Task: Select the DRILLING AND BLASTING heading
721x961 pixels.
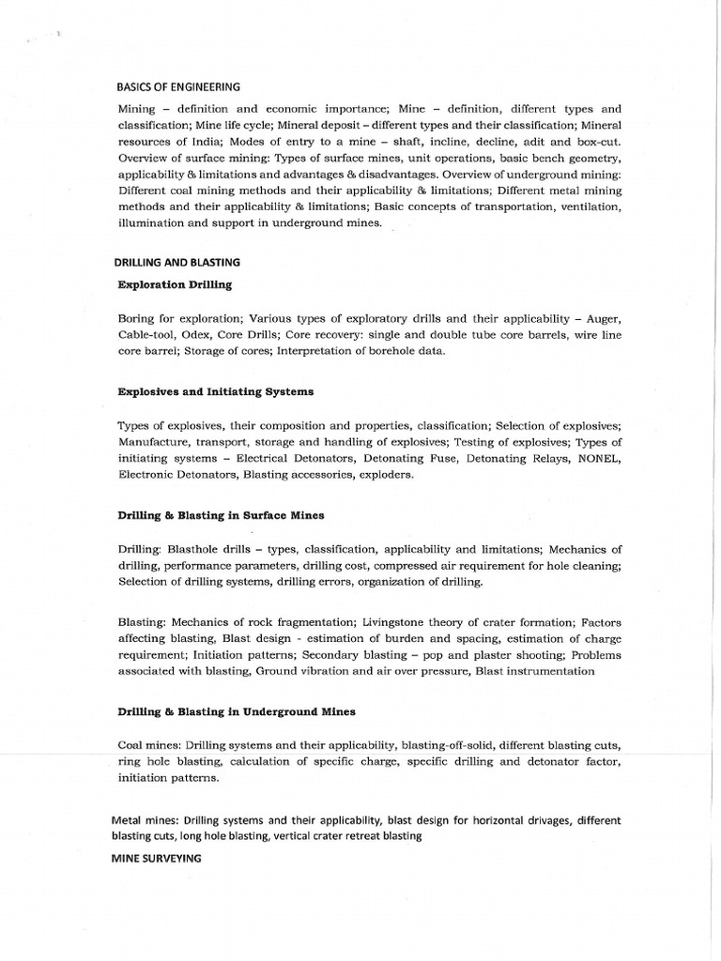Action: (x=178, y=262)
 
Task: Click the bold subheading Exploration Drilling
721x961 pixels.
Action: (x=175, y=283)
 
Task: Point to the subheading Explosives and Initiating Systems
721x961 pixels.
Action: (x=216, y=390)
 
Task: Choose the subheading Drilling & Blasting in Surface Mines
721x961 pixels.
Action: (x=222, y=515)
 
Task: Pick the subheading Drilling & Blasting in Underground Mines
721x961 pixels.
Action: (x=237, y=711)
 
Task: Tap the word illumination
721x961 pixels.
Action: (x=151, y=223)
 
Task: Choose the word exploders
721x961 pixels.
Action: (x=385, y=475)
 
